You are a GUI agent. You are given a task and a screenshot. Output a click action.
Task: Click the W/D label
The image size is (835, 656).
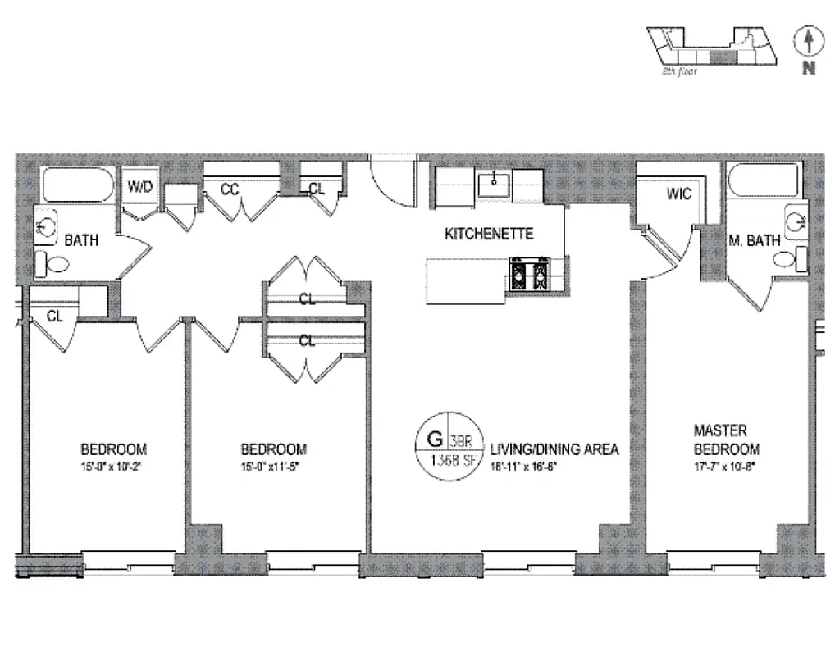click(x=139, y=187)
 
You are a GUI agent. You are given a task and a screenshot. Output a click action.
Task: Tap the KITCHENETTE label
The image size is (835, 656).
click(x=489, y=234)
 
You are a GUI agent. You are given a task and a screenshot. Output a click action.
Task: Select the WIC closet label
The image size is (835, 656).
click(x=679, y=194)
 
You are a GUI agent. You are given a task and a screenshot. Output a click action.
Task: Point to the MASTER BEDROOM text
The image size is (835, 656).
click(x=726, y=440)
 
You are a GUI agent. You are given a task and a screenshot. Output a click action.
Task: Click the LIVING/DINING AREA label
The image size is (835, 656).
click(x=554, y=449)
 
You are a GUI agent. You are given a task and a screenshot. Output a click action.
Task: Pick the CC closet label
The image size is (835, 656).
click(x=230, y=189)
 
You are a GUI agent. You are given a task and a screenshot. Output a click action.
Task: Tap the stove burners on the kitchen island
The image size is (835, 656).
click(x=528, y=275)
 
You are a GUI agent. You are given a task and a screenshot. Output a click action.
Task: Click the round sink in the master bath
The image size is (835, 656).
click(x=795, y=219)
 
